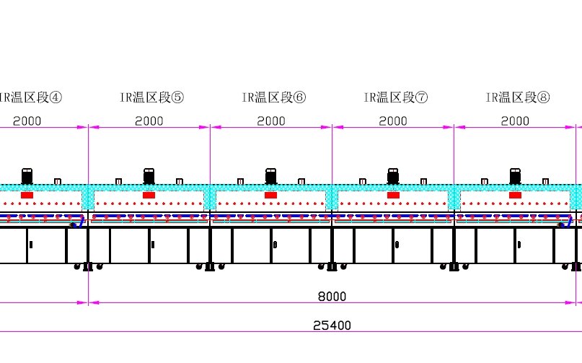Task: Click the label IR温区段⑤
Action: click(151, 97)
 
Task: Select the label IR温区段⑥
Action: click(273, 97)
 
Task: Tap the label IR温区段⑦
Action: click(395, 97)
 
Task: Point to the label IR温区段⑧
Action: click(517, 97)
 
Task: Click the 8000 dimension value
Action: click(332, 297)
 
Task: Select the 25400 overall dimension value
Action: click(332, 325)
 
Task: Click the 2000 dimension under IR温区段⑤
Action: click(149, 121)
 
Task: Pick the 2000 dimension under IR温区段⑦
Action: click(393, 121)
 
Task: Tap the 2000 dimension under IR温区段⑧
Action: click(515, 121)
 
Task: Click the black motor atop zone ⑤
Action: click(149, 176)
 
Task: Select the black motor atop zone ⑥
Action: click(270, 176)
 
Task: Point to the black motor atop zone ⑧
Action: click(515, 176)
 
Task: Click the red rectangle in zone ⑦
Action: click(393, 195)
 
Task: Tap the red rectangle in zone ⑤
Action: click(149, 195)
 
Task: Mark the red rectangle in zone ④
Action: click(27, 195)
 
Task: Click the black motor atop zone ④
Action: click(27, 176)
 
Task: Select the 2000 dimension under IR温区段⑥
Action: click(271, 121)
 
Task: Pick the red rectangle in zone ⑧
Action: click(515, 195)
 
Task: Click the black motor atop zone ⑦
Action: click(393, 176)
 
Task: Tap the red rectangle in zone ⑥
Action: click(270, 195)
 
